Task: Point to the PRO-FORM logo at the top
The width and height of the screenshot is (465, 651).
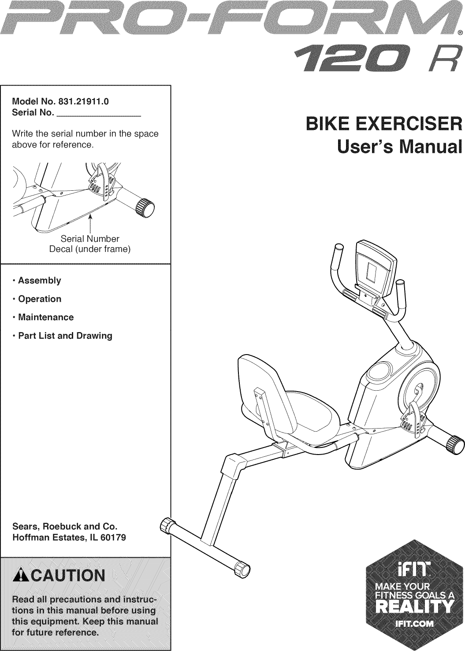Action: point(229,22)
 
